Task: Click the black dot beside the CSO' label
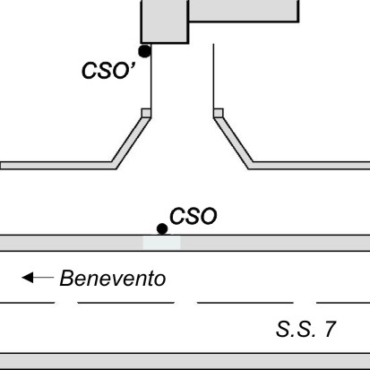click(145, 51)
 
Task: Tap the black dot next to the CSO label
click(162, 229)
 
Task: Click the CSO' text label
click(108, 71)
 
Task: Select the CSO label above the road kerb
click(194, 216)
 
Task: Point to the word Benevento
click(113, 279)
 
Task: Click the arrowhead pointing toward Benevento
click(28, 278)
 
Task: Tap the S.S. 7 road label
click(306, 329)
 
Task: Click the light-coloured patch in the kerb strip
click(161, 243)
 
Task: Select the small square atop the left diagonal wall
click(146, 113)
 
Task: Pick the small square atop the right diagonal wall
click(219, 113)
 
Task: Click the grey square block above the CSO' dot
click(165, 22)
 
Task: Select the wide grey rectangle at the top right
click(244, 11)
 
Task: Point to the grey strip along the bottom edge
click(185, 361)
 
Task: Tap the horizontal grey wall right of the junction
click(309, 166)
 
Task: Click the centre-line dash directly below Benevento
click(126, 303)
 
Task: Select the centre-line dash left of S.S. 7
click(245, 303)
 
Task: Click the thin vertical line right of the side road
click(213, 76)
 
